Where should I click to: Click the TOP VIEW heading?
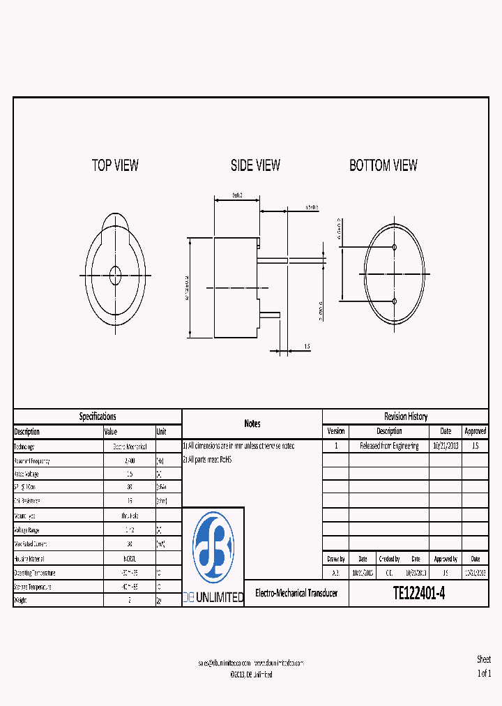point(115,165)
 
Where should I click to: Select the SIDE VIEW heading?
point(255,165)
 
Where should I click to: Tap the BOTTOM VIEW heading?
point(383,165)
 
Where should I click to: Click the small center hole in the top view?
point(115,275)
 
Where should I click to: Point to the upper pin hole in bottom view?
point(395,248)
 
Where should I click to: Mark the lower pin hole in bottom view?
point(395,301)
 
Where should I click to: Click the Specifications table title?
point(98,416)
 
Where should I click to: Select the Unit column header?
point(162,432)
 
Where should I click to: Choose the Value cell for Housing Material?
point(129,559)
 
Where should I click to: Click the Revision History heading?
point(405,416)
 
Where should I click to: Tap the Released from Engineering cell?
point(389,446)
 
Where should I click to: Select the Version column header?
point(335,432)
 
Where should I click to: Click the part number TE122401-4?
point(418,593)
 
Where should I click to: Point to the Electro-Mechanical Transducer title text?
point(296,593)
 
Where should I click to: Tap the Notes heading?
point(252,423)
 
